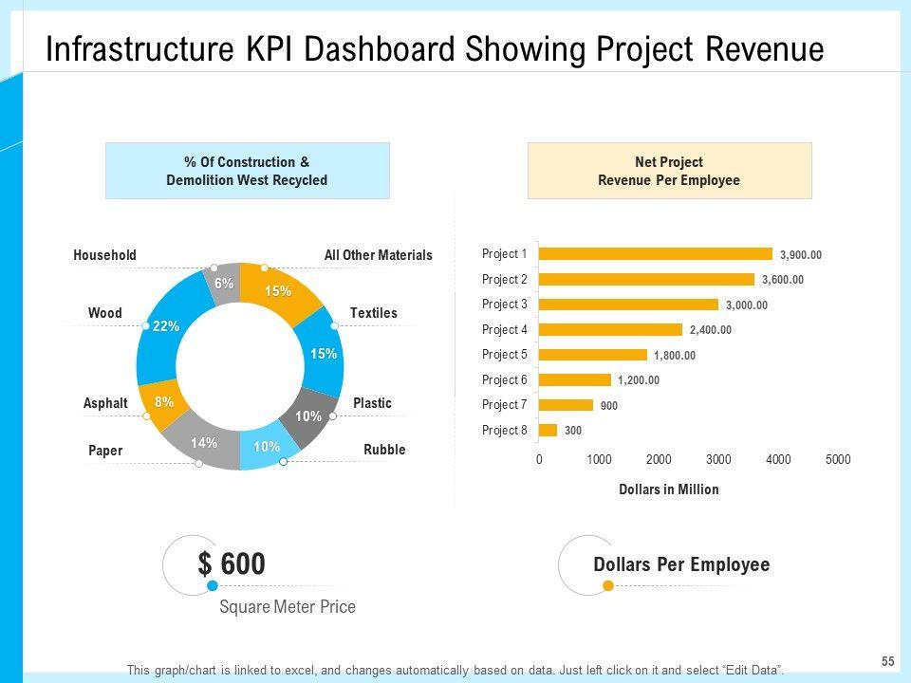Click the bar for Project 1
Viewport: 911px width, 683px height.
[x=655, y=254]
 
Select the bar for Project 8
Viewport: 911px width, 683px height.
[x=548, y=431]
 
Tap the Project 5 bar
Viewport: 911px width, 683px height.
[x=592, y=355]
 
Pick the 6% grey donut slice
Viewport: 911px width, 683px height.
[x=223, y=284]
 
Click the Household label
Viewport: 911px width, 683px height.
[x=104, y=255]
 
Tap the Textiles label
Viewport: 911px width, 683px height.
[x=374, y=313]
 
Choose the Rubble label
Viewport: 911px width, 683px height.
[x=384, y=450]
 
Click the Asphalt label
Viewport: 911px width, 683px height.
[x=105, y=403]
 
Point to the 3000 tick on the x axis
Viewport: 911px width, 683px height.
[x=718, y=460]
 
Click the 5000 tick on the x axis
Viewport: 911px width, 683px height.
[x=838, y=460]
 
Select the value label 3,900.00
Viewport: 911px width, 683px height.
[x=801, y=254]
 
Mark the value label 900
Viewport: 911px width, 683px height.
[x=609, y=406]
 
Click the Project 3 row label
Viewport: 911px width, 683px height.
[x=504, y=305]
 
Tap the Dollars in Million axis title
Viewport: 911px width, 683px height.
[x=668, y=489]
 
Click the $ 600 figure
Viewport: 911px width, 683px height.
[x=232, y=564]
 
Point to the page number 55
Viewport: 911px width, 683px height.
[x=888, y=660]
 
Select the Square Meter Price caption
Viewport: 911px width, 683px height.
[x=288, y=607]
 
